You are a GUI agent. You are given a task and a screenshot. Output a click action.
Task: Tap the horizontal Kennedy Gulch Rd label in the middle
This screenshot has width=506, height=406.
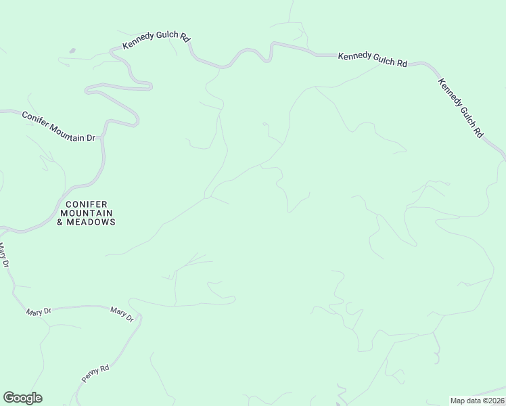[x=372, y=59]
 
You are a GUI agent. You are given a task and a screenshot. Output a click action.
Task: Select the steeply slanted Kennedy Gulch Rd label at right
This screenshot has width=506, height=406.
[x=460, y=108]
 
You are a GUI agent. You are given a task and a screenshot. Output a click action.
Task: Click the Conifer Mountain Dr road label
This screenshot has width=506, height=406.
[x=60, y=126]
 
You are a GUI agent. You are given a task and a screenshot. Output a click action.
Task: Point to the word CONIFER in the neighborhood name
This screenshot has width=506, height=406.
[x=86, y=204]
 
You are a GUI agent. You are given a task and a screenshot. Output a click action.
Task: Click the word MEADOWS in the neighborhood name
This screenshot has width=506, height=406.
[x=91, y=222]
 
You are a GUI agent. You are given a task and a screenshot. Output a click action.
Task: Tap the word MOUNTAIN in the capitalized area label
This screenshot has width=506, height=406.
[x=86, y=212]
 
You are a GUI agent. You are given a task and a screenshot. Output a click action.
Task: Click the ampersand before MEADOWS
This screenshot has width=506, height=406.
[x=60, y=222]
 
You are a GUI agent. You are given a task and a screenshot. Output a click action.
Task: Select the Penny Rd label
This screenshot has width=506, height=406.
[x=95, y=374]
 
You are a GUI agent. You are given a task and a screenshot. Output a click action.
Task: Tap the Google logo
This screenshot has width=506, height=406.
[x=22, y=398]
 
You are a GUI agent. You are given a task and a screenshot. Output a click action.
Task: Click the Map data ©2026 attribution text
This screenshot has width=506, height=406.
[x=477, y=400]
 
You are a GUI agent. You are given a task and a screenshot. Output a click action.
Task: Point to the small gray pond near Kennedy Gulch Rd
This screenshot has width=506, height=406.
[x=72, y=50]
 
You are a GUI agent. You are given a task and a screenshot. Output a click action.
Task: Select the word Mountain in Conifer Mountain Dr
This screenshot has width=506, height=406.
[x=67, y=129]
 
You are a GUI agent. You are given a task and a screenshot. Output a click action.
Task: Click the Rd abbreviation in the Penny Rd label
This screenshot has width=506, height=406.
[x=104, y=369]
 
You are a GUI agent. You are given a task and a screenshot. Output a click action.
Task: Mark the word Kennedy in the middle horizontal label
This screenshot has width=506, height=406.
[x=354, y=56]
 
